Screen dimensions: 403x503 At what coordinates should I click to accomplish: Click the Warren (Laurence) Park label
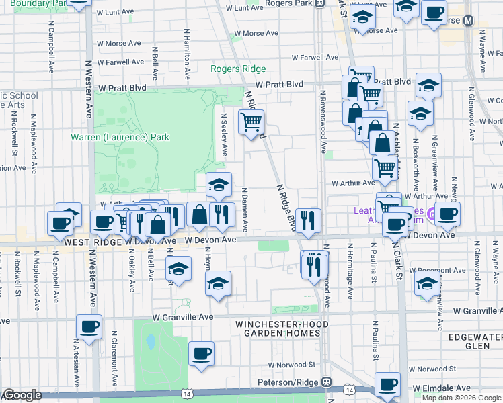[x=120, y=137]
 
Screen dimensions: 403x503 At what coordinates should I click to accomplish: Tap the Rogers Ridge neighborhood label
[x=238, y=69]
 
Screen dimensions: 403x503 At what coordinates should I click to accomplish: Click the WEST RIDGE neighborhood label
[x=91, y=240]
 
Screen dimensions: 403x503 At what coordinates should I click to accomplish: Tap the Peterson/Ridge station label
[x=289, y=382]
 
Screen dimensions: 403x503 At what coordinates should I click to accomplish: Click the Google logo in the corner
[x=22, y=395]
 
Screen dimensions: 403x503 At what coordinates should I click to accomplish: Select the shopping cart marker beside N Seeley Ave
[x=251, y=123]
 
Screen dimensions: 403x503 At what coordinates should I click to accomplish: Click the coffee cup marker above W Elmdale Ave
[x=387, y=385]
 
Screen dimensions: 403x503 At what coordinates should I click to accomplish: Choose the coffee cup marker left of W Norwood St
[x=200, y=354]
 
